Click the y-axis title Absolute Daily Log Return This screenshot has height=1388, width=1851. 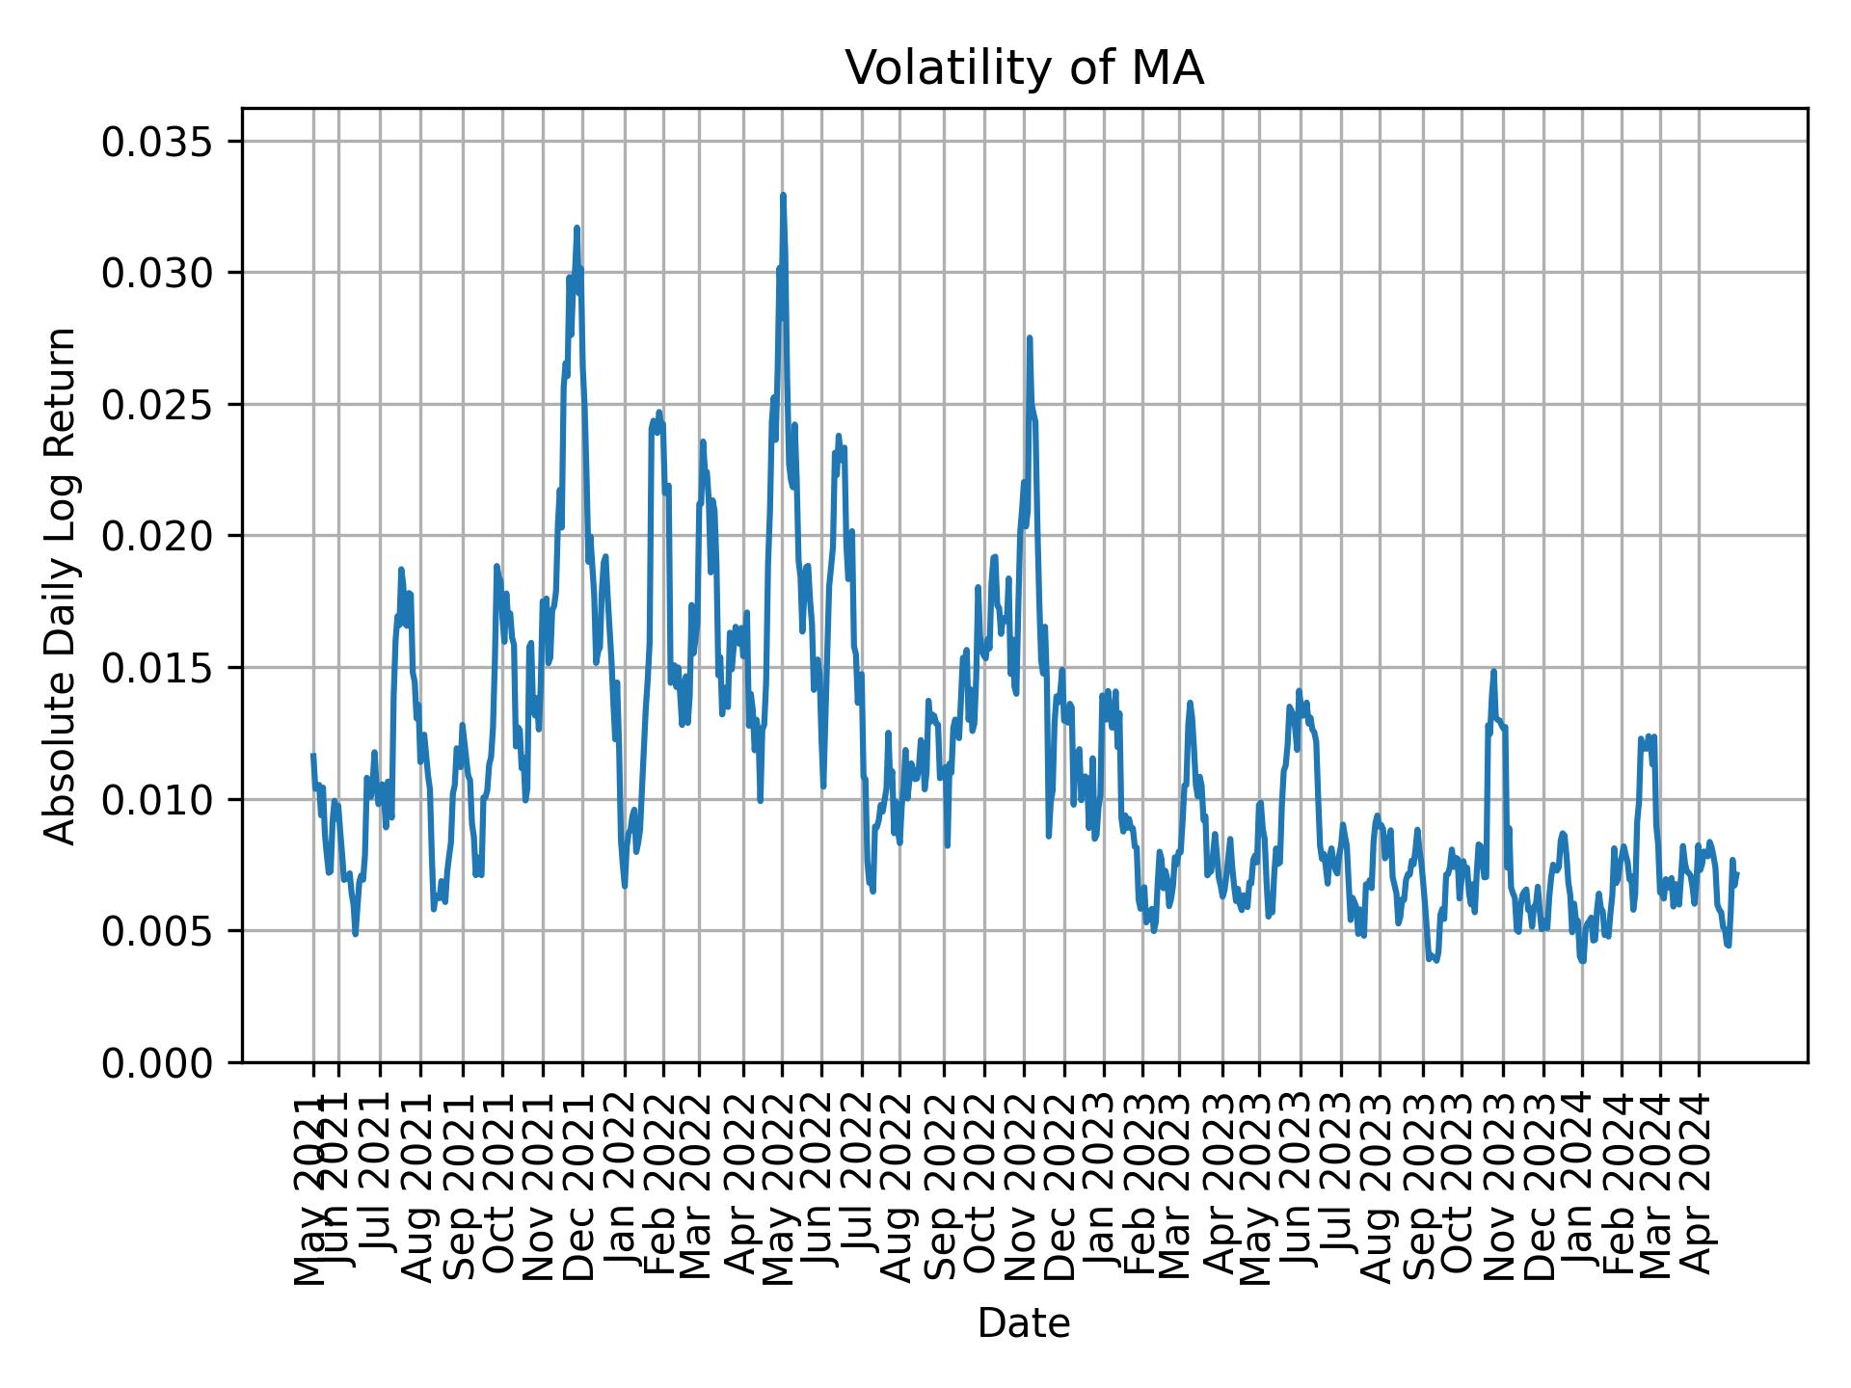(x=62, y=585)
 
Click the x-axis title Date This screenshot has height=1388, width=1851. (x=1024, y=1323)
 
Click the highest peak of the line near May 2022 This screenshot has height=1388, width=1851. (x=783, y=196)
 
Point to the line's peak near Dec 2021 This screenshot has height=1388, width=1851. (x=577, y=228)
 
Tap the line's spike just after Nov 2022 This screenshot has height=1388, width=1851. (x=1030, y=338)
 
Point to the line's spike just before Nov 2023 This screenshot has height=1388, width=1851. (x=1493, y=672)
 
